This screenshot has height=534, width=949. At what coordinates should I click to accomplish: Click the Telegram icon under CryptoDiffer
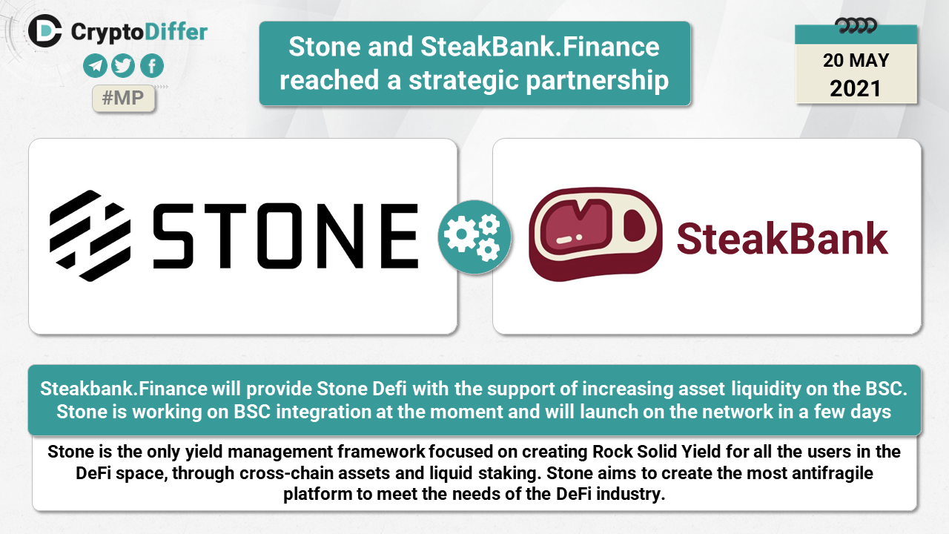[95, 66]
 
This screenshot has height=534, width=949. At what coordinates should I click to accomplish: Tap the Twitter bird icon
[123, 66]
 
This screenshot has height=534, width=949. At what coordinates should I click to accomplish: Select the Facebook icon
[152, 66]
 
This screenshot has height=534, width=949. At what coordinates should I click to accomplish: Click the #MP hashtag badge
[123, 99]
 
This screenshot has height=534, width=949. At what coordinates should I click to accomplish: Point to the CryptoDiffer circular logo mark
[45, 31]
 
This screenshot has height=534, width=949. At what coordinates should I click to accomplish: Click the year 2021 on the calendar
[856, 88]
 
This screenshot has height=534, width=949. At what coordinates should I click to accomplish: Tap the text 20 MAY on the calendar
[856, 61]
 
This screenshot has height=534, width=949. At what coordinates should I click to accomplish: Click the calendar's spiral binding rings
[856, 26]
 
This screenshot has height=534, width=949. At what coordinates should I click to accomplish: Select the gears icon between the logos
[474, 237]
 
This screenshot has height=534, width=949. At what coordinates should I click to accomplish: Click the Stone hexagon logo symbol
[90, 236]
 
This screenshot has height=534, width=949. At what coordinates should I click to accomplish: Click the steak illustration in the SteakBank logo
[595, 234]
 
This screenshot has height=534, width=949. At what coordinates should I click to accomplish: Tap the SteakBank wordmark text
[782, 239]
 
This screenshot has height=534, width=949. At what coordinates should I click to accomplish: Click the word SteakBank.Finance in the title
[540, 47]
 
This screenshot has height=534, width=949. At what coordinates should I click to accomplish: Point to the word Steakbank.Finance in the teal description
[124, 389]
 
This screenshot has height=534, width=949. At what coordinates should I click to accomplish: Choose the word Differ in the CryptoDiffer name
[176, 32]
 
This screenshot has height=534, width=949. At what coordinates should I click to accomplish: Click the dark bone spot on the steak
[634, 225]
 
